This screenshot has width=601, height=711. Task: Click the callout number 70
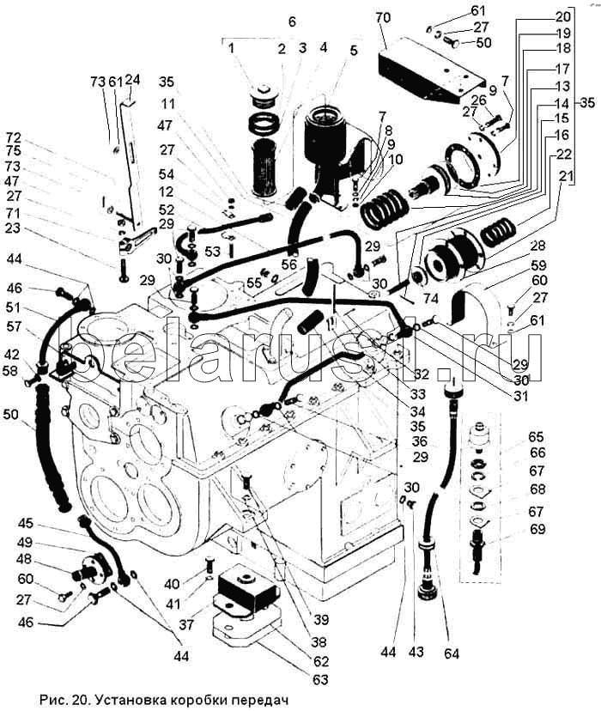383,16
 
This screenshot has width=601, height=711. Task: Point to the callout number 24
132,80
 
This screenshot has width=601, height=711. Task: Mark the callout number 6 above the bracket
291,21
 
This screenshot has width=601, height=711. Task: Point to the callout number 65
538,437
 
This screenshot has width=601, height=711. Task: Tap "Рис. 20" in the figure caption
62,700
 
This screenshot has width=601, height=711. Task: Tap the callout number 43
416,653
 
